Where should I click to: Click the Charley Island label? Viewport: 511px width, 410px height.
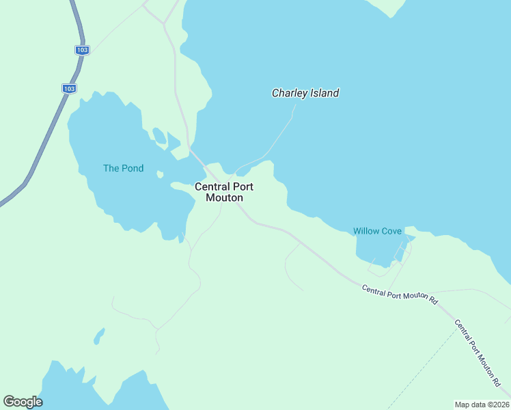coord(305,93)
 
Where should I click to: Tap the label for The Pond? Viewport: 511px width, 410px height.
coord(123,168)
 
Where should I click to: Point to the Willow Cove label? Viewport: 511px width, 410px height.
coord(377,231)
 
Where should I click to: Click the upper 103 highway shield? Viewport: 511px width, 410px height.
coord(82,50)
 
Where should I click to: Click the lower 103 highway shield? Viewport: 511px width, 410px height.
coord(68,88)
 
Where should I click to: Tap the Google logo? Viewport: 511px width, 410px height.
coord(23,402)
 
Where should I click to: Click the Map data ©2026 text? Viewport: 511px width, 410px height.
coord(482,404)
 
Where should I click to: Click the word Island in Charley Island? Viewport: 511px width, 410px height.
coord(324,93)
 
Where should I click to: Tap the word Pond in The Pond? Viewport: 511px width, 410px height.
coord(133,168)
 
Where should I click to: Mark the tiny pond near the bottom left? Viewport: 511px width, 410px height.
coord(99,336)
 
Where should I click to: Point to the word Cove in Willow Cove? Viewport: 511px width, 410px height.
coord(391,231)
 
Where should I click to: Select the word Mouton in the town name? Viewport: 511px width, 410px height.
coord(224,198)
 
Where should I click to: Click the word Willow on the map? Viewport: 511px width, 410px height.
coord(365,231)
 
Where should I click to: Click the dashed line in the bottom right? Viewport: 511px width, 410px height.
coord(424,369)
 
